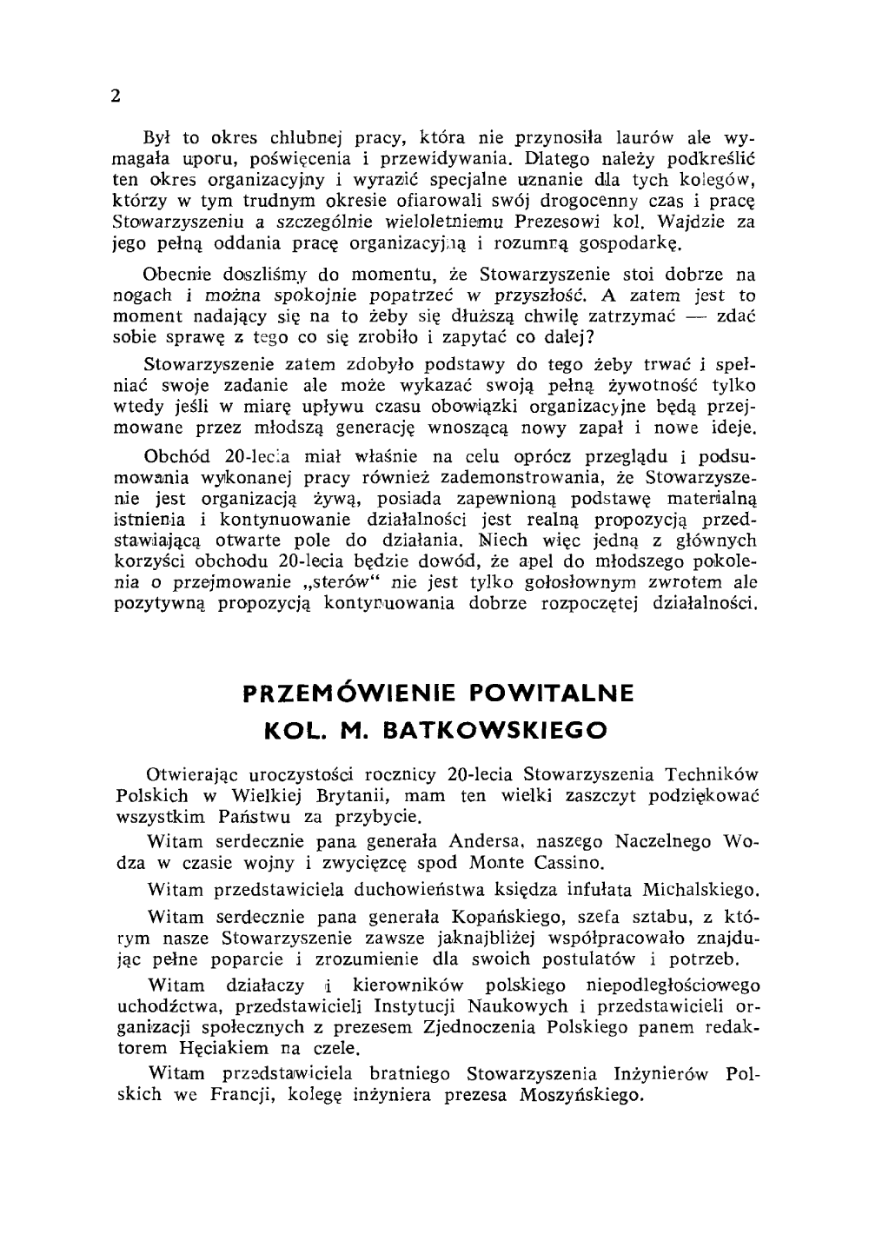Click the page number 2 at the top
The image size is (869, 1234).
click(115, 96)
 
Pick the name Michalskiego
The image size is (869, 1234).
click(700, 891)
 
